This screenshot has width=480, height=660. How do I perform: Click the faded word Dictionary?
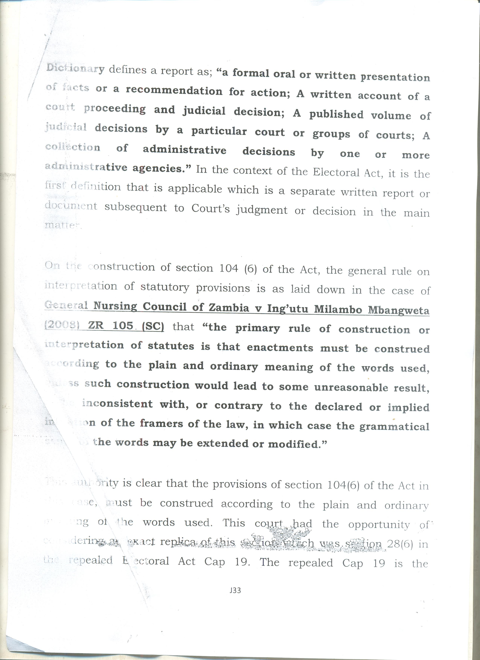tap(75, 68)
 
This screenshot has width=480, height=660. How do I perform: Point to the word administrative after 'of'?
tap(184, 150)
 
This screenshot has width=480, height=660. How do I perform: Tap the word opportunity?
tap(379, 524)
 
